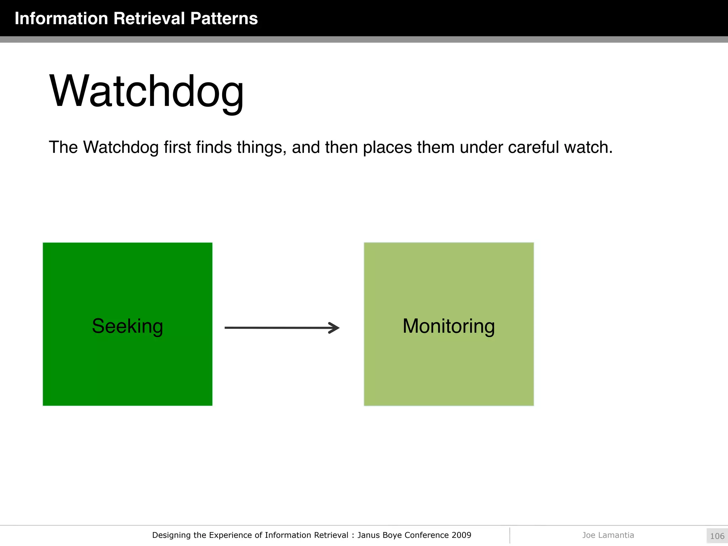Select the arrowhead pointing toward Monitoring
[x=334, y=328]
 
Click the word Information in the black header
[x=61, y=18]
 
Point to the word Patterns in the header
[x=224, y=18]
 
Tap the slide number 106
[x=717, y=536]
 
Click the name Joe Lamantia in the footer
[x=608, y=535]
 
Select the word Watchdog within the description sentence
[x=121, y=147]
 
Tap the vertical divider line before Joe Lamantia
[x=510, y=535]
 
